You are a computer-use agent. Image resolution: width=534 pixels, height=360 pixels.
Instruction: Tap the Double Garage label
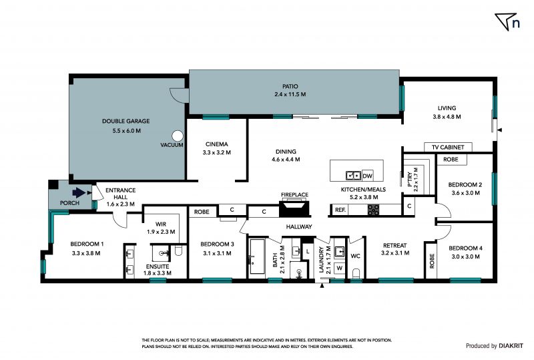tap(126, 121)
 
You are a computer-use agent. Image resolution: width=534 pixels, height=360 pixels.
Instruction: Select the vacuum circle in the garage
tap(177, 136)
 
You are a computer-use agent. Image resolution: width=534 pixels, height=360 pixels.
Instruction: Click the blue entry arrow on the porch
tap(79, 192)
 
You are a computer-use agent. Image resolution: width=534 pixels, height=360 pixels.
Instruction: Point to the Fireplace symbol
tap(294, 208)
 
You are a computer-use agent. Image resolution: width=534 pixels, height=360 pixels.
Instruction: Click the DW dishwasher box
tap(368, 176)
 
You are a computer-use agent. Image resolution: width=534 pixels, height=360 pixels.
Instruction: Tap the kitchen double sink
tap(354, 176)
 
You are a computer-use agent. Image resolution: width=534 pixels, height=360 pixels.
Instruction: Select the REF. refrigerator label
tap(340, 210)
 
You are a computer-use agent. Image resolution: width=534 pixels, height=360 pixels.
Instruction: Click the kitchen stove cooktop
tap(373, 210)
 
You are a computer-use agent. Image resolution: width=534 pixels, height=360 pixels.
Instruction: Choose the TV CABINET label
tap(448, 147)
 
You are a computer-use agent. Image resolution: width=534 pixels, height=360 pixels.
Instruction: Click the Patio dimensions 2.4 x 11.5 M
tap(290, 94)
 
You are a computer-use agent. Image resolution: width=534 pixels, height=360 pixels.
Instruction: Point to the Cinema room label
tap(216, 144)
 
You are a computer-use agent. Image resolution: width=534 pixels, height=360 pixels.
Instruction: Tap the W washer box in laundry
tap(340, 268)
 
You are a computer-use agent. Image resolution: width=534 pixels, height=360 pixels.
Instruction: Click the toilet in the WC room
tap(356, 273)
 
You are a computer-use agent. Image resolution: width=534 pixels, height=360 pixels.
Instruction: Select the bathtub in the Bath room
tap(258, 256)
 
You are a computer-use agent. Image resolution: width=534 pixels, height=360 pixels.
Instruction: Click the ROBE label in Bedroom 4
tap(432, 260)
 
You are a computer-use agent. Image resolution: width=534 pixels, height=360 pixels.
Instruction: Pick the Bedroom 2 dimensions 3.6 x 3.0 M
tap(465, 193)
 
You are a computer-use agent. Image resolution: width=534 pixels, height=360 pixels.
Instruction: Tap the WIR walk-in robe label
tap(161, 224)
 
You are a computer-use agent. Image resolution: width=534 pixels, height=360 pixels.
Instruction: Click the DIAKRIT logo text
tap(511, 346)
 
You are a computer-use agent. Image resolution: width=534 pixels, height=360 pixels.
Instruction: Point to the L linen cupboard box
tap(308, 252)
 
